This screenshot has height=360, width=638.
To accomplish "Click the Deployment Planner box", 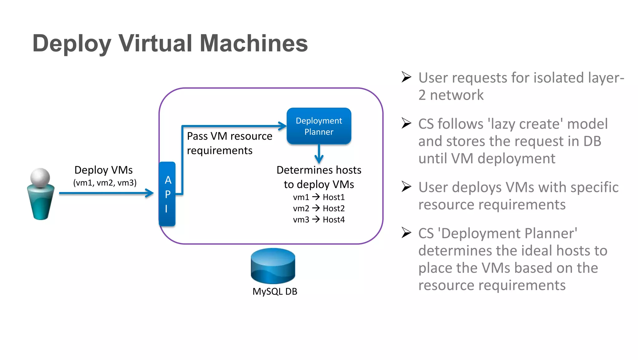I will (x=319, y=126).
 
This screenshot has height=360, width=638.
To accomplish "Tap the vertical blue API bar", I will (x=167, y=194).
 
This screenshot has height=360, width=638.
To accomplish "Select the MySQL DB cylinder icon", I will (x=273, y=266).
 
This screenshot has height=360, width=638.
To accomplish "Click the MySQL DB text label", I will (x=275, y=291).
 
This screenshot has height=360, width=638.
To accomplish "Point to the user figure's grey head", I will (x=40, y=178).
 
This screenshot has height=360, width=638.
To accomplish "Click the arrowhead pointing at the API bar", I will (x=150, y=193).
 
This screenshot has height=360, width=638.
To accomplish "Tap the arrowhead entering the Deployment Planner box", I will (x=282, y=126).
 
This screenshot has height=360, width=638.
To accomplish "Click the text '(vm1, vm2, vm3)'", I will (x=105, y=183).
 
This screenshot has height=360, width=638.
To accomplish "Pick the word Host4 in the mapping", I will (x=334, y=220).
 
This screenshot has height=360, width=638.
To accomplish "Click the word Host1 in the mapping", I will (x=334, y=197).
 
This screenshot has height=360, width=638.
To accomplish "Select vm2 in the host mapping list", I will (x=301, y=209).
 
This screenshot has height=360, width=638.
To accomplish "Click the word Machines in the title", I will (x=254, y=43).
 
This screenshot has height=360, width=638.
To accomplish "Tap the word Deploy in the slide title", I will (x=72, y=43).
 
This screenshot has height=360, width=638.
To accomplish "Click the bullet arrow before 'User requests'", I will (x=406, y=77).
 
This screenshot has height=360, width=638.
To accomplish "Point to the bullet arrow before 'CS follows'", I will (x=406, y=123).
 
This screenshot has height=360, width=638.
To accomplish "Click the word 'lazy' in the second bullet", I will (x=503, y=124).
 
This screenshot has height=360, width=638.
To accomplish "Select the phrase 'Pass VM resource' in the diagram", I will (x=230, y=136).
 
